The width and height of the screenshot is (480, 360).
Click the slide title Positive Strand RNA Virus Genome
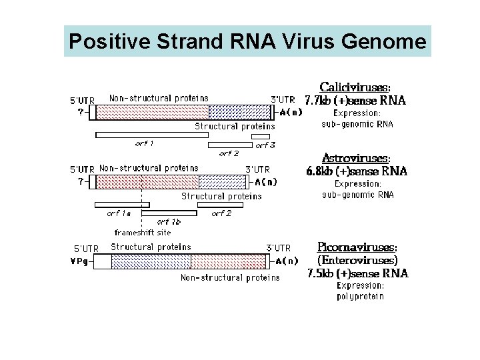tap(247, 42)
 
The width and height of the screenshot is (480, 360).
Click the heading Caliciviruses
tap(355, 87)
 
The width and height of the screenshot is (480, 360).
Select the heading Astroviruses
tap(355, 159)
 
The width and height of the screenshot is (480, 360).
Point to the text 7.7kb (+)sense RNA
tap(355, 101)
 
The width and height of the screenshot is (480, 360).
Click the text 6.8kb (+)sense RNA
tap(357, 171)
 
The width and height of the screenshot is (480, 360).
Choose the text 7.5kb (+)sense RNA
tap(357, 273)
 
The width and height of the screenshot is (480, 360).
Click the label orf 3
tap(265, 145)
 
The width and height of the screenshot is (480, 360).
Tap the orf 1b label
tap(169, 222)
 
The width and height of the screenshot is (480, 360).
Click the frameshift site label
tap(143, 233)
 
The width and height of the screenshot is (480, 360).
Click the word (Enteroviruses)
tap(357, 260)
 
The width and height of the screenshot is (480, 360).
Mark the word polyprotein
tap(360, 297)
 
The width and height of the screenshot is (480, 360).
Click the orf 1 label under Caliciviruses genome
tap(145, 143)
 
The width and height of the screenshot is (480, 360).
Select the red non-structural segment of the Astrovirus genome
tap(147, 181)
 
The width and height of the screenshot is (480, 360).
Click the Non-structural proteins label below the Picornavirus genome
tap(230, 277)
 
